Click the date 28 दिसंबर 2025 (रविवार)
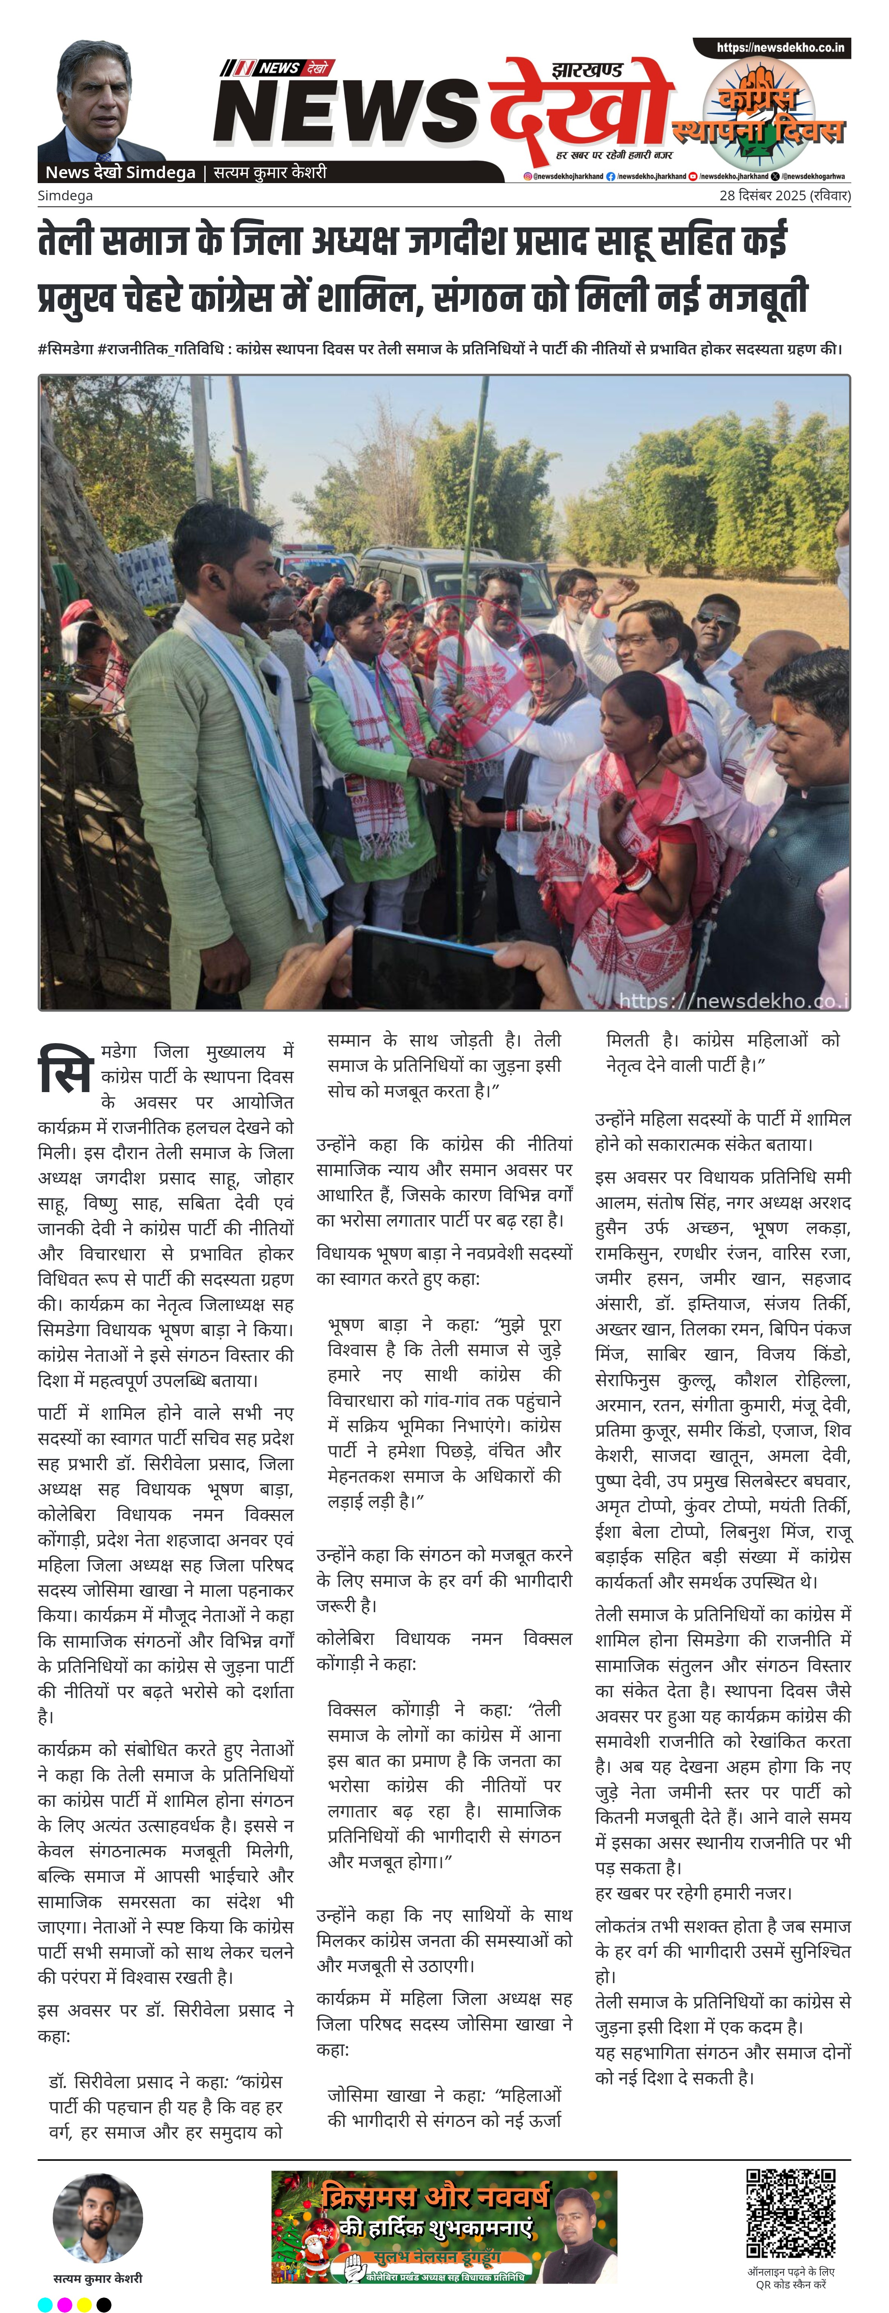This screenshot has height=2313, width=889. point(784,196)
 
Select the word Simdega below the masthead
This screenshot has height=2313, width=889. point(65,196)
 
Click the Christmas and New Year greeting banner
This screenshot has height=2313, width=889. point(444,2227)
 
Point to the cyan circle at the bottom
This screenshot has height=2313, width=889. point(45,2304)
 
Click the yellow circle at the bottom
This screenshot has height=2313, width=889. point(84,2304)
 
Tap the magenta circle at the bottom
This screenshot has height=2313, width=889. point(65,2304)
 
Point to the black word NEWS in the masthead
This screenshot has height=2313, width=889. point(346,112)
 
